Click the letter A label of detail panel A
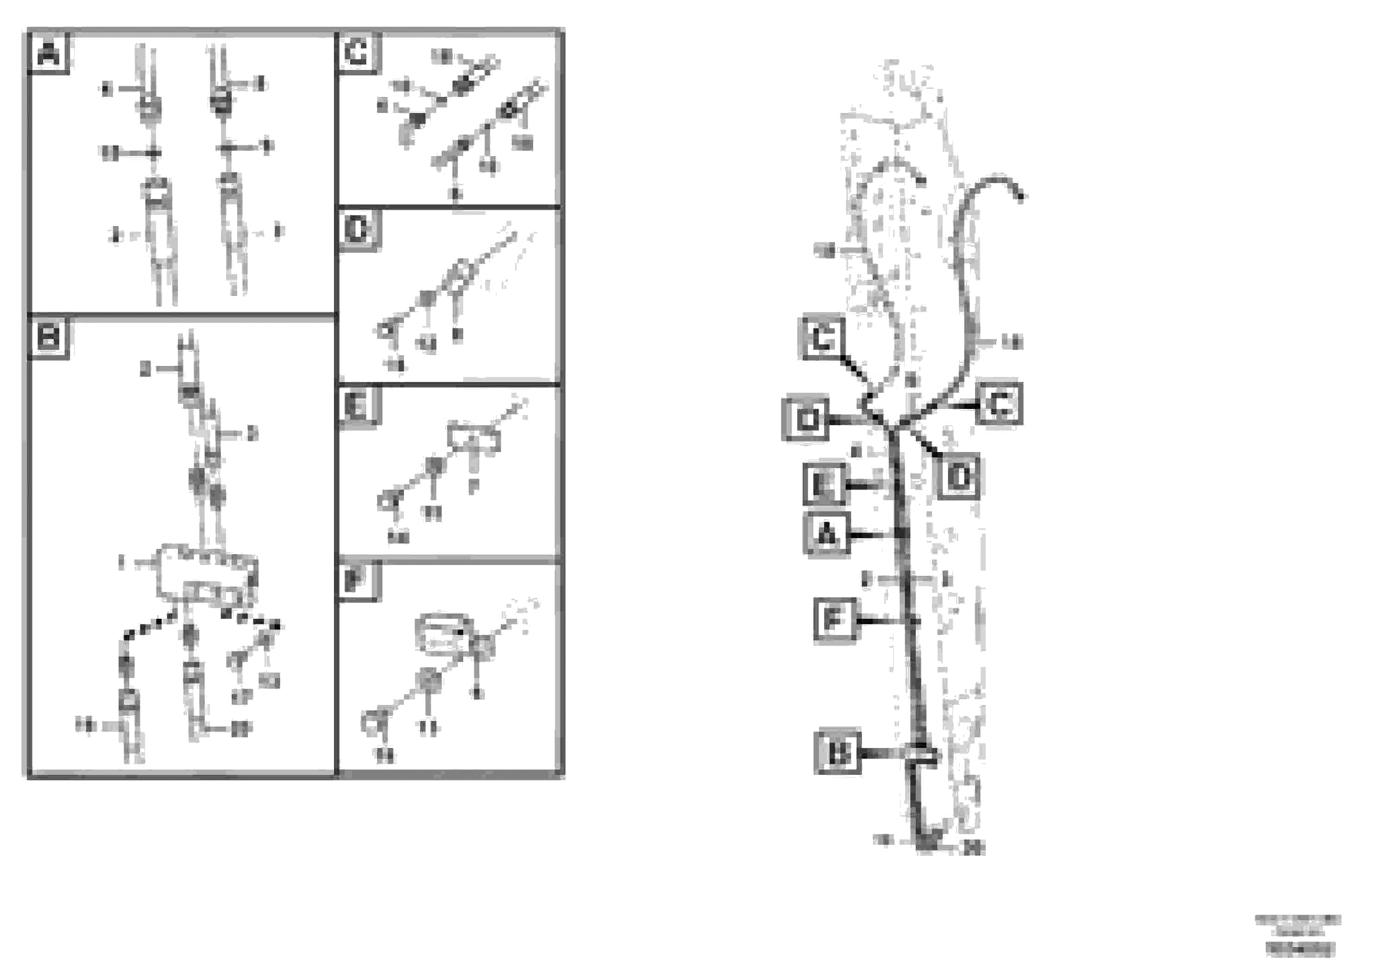click(48, 55)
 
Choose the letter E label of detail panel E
click(358, 406)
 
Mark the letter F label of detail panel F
click(358, 581)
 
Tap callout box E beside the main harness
click(824, 484)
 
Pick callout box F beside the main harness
click(834, 620)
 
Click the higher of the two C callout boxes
click(822, 338)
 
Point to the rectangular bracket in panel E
click(474, 437)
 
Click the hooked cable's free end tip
click(1020, 196)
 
